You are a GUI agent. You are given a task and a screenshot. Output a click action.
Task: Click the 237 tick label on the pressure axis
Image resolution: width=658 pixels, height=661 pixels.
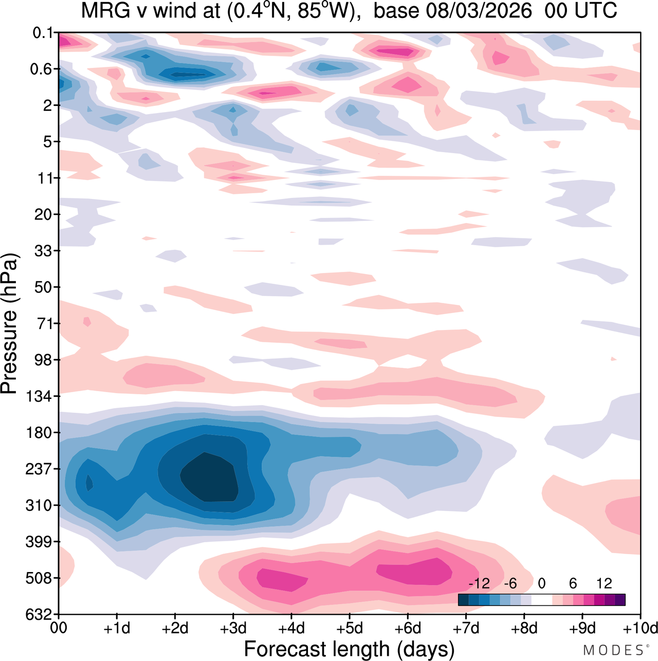pos(39,469)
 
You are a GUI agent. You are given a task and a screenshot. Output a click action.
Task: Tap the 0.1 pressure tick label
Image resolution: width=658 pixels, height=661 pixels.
pos(43,33)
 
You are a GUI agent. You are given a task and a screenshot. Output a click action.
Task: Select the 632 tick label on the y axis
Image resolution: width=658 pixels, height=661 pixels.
pos(39,615)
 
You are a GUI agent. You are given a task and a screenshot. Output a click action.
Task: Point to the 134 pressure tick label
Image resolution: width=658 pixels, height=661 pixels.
pos(39,397)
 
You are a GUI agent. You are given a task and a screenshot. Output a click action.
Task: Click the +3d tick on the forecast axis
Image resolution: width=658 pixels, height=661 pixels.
pos(233,628)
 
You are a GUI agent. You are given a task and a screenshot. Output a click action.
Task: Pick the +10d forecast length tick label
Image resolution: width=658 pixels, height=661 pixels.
pos(641,628)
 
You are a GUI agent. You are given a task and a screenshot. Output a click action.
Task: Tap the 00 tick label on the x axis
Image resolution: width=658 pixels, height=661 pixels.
pos(59,628)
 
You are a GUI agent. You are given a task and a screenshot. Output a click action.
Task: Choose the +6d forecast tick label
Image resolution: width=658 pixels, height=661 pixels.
pos(407,628)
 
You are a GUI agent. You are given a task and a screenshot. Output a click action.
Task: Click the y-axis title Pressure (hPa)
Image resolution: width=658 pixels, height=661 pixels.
pos(9,324)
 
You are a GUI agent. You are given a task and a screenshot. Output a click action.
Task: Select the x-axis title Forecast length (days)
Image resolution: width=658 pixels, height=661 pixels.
pos(349,649)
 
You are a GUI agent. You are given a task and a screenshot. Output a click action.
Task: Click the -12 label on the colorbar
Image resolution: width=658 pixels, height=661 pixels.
pos(479,583)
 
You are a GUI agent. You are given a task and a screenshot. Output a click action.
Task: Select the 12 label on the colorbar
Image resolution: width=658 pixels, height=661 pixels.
pos(604,583)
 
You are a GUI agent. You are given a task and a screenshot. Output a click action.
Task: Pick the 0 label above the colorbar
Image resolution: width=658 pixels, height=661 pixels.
pos(541,583)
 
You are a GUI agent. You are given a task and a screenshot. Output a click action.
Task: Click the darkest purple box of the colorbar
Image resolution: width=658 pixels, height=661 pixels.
pos(620,600)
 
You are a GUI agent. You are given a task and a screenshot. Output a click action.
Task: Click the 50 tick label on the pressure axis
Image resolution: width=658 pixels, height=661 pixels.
pos(43,288)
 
